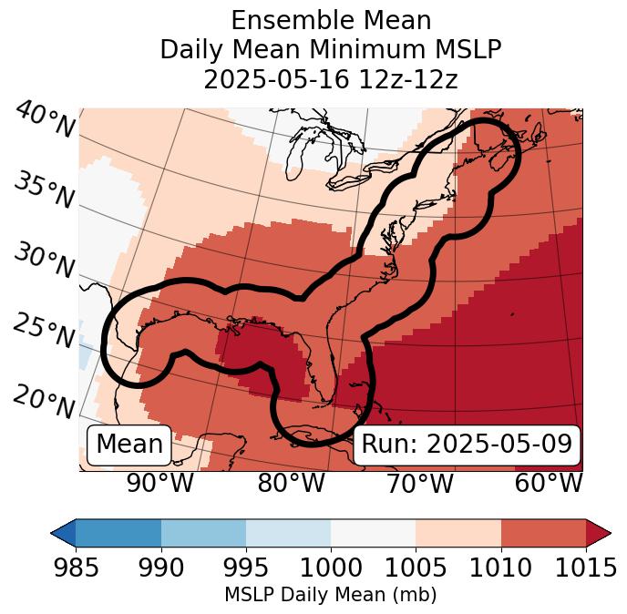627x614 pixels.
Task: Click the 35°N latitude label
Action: (x=44, y=190)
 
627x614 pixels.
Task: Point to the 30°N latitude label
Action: (x=44, y=261)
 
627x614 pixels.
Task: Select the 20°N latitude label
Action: (x=44, y=400)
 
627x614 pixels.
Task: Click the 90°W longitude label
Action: (x=160, y=484)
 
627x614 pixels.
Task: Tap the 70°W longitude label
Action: (x=419, y=484)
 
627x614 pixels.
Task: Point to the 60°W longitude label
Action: (x=549, y=484)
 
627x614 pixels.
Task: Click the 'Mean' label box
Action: (x=129, y=445)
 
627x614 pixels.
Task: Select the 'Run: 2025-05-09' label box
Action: (x=467, y=445)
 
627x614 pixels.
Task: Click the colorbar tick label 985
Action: (x=76, y=568)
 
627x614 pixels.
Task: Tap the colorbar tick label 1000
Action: (x=331, y=568)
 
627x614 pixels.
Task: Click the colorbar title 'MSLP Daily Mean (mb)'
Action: (x=330, y=596)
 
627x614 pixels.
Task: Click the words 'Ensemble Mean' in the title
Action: (x=331, y=20)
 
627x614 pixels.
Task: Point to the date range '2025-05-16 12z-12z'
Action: (x=331, y=79)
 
